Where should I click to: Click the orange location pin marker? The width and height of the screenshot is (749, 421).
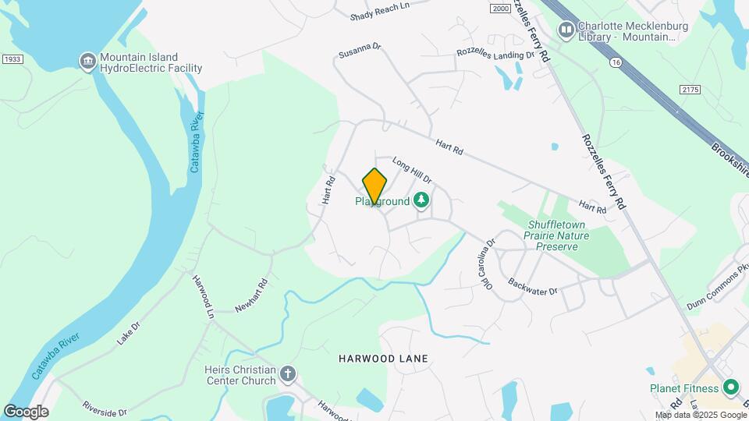[x=374, y=187]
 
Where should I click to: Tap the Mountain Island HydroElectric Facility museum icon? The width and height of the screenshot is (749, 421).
[x=87, y=61]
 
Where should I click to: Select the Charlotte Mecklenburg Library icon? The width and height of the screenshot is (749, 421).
[x=566, y=30]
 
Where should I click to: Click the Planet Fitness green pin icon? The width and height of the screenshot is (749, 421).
[x=731, y=387]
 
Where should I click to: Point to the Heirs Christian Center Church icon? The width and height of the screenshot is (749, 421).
[x=288, y=374]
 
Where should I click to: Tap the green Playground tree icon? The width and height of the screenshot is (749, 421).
[x=421, y=201]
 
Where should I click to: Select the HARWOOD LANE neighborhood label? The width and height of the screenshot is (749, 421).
[x=384, y=359]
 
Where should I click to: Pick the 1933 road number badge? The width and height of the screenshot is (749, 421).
[x=12, y=58]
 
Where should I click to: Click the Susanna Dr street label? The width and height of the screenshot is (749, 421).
[x=360, y=51]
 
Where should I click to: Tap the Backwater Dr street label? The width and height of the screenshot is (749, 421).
[x=532, y=286]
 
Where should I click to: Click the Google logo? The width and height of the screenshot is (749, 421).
[x=26, y=412]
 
